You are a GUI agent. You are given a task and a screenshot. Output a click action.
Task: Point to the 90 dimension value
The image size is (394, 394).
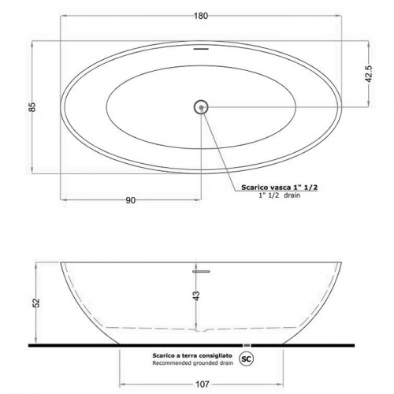[x=131, y=200]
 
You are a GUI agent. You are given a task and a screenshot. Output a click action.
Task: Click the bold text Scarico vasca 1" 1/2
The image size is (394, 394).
[x=273, y=188]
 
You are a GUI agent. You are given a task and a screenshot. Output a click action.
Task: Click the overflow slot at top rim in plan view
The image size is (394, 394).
[x=201, y=47]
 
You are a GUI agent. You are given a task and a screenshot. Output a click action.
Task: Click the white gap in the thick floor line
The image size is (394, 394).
[x=249, y=345]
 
